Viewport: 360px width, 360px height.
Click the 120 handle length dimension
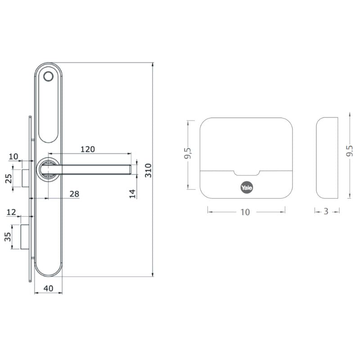(88, 149)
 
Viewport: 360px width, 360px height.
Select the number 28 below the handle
(74, 193)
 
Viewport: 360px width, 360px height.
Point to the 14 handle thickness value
(132, 193)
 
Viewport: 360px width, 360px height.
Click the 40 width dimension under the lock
(48, 288)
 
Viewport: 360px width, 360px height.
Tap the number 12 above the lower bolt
(12, 211)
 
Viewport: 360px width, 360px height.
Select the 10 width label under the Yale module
(245, 212)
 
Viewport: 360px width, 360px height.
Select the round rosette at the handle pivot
(47, 169)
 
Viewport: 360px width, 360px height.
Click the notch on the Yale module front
(247, 173)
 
